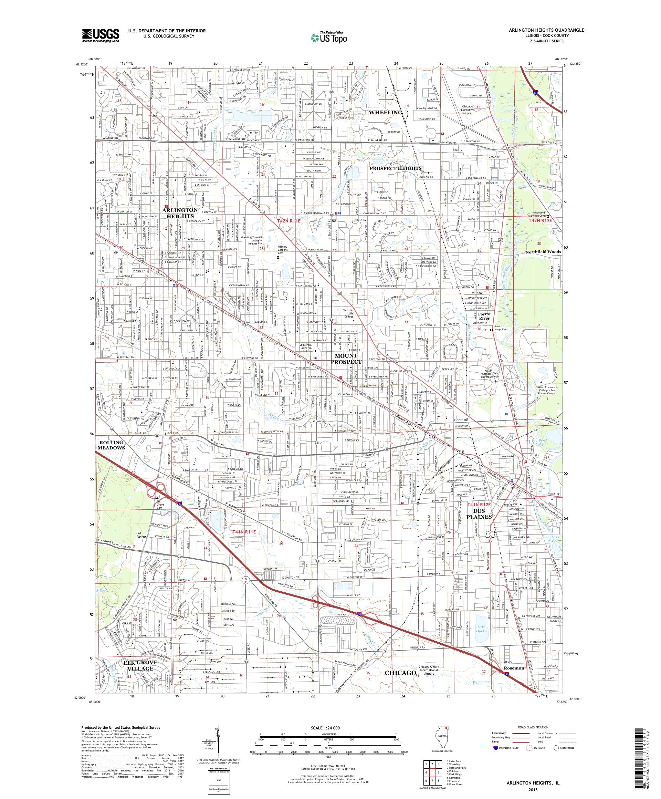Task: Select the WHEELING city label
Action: pos(385,112)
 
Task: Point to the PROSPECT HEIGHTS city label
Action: pos(396,168)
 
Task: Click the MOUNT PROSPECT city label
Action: pos(346,359)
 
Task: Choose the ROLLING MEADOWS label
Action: pos(112,445)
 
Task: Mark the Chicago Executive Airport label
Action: pos(467,110)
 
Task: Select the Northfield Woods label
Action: pos(543,252)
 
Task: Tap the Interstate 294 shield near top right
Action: pos(535,92)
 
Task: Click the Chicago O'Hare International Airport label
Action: pos(431,670)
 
